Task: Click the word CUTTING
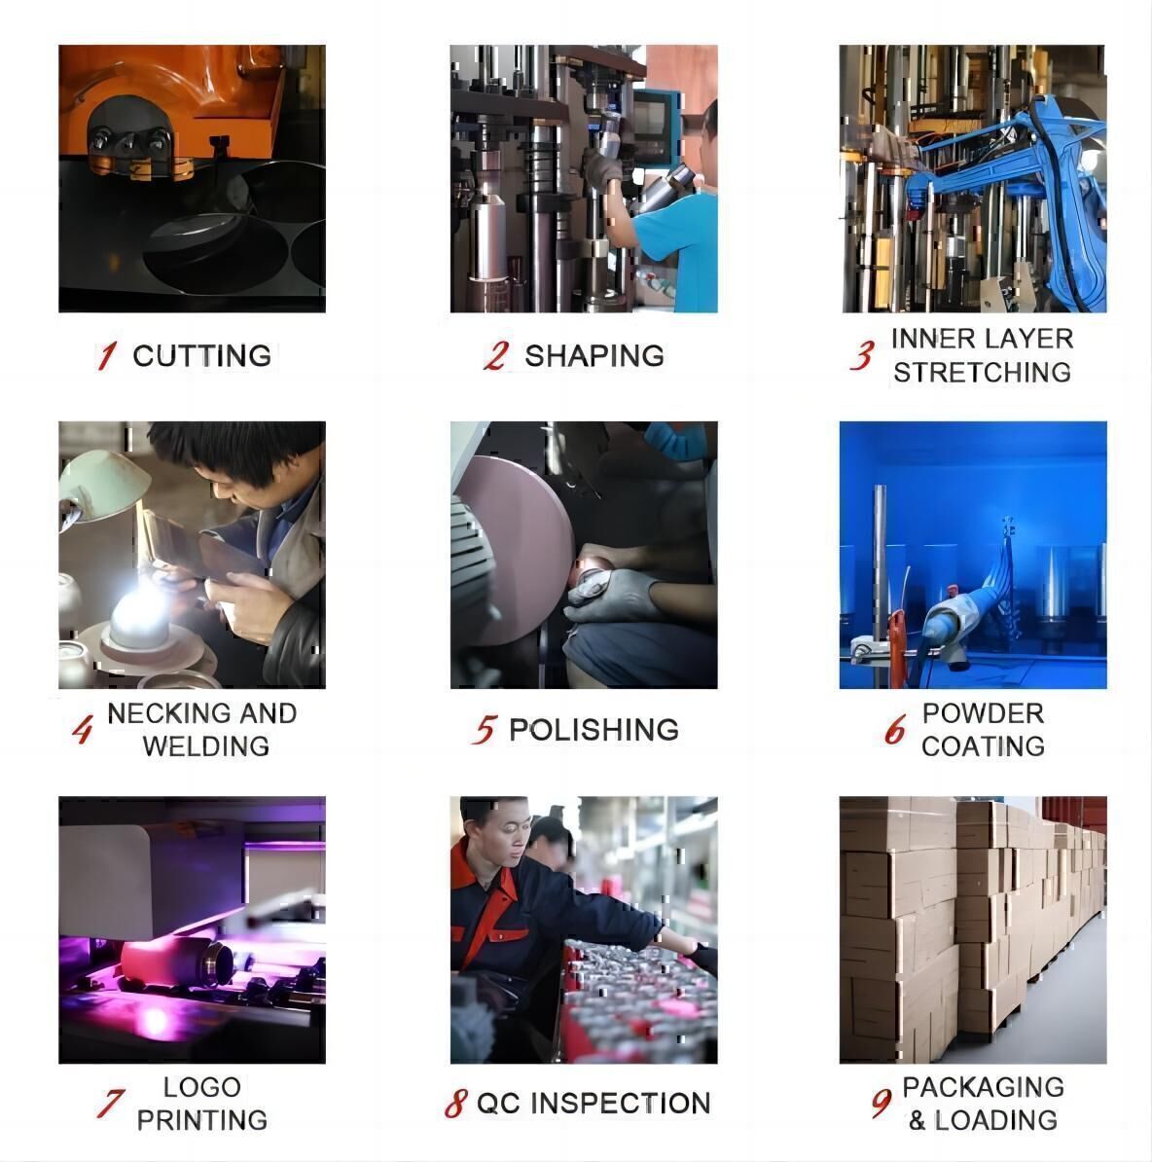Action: pos(201,356)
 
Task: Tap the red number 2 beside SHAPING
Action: pos(496,356)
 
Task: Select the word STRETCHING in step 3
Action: pos(983,372)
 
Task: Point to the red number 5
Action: pos(484,730)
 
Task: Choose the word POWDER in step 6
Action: pos(983,713)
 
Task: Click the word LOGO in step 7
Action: pos(202,1087)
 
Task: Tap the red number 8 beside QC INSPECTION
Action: pos(455,1104)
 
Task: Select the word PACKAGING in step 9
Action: pos(983,1087)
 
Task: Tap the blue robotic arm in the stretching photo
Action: pos(1023,185)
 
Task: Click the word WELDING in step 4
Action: pos(206,746)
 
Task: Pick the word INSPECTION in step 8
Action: pos(621,1104)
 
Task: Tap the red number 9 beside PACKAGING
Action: pos(882,1104)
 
